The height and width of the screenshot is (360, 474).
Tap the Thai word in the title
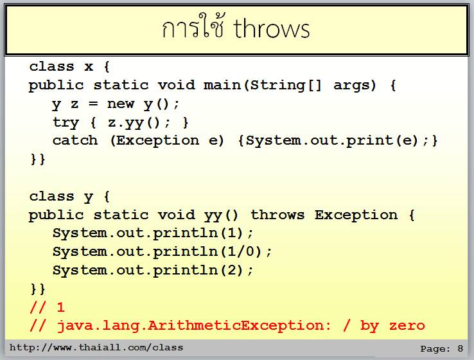[x=193, y=26]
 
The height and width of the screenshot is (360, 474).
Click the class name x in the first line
[x=89, y=67]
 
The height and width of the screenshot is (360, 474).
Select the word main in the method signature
[x=222, y=85]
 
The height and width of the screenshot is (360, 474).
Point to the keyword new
[x=120, y=104]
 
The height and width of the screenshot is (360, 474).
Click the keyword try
[x=66, y=123]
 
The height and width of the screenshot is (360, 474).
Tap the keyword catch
[x=75, y=141]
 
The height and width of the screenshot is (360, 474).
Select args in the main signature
[x=351, y=85]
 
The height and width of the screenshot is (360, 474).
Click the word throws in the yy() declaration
[x=277, y=215]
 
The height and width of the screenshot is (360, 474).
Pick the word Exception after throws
[x=356, y=215]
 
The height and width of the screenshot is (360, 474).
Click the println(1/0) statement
[x=162, y=252]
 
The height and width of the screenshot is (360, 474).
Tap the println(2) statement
[x=153, y=270]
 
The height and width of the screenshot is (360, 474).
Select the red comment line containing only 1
[x=47, y=307]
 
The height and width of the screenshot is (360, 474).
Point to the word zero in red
[x=407, y=326]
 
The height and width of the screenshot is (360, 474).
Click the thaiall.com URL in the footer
[x=96, y=347]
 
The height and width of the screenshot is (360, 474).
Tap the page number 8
[x=460, y=348]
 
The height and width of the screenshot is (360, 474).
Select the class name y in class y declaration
[x=88, y=198]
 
